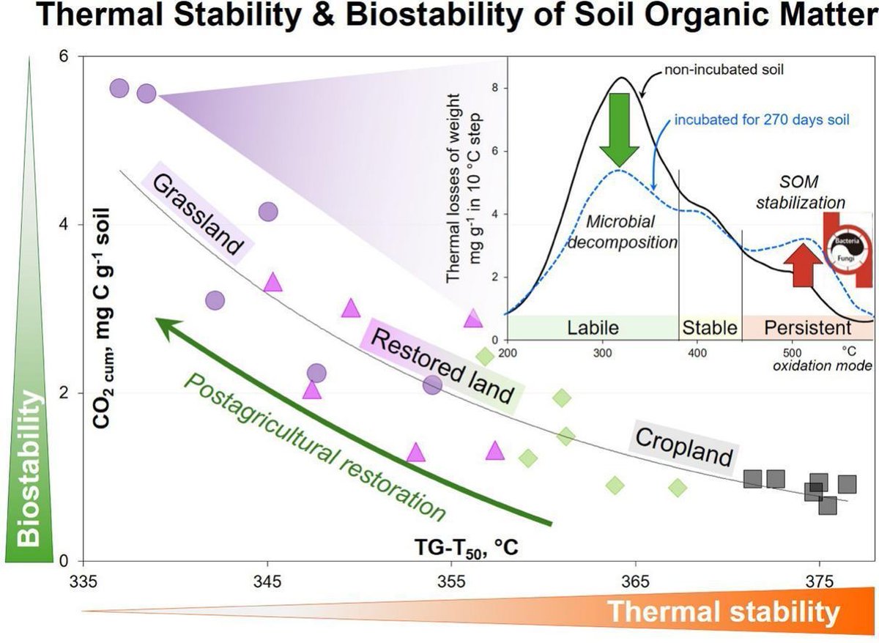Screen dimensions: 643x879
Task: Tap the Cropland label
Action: (683, 447)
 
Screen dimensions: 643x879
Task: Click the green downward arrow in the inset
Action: (619, 129)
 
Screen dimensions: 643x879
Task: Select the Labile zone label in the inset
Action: (593, 327)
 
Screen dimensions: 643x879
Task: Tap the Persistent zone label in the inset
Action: (808, 327)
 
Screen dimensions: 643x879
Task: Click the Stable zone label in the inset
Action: (709, 327)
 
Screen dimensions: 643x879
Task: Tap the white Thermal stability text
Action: (724, 612)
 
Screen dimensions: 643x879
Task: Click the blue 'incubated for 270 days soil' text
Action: (762, 119)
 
